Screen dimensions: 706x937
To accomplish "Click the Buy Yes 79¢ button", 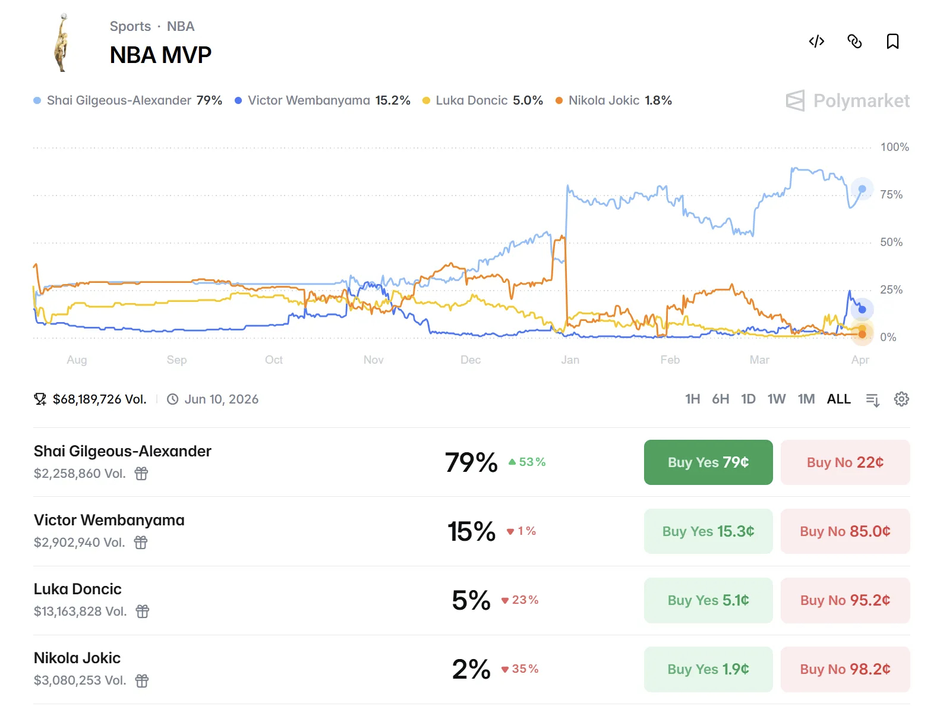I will pyautogui.click(x=708, y=462).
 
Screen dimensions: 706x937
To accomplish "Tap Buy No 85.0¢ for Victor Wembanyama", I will pyautogui.click(x=844, y=531).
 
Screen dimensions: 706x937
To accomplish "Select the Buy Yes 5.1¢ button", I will pyautogui.click(x=708, y=600).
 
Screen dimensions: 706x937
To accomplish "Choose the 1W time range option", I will pyautogui.click(x=776, y=399).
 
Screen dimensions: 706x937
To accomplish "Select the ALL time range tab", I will pyautogui.click(x=838, y=399).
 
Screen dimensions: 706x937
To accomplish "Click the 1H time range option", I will pyautogui.click(x=692, y=399).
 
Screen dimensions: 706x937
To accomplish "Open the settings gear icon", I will pyautogui.click(x=901, y=399).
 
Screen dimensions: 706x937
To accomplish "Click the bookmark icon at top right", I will pyautogui.click(x=892, y=42).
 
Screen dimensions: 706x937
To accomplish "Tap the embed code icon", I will pyautogui.click(x=816, y=42).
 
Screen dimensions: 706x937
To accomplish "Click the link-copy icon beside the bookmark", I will pyautogui.click(x=854, y=42).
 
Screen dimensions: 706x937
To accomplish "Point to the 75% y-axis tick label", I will pyautogui.click(x=891, y=195).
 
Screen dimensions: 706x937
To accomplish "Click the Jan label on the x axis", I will pyautogui.click(x=570, y=360).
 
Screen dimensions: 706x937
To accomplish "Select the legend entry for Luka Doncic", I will pyautogui.click(x=482, y=100).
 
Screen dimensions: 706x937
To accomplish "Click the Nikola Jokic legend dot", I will pyautogui.click(x=559, y=100).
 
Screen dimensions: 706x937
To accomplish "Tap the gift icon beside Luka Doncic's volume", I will pyautogui.click(x=143, y=612).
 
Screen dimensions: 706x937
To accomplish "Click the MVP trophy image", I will pyautogui.click(x=62, y=43).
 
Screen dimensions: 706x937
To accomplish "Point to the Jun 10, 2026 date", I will pyautogui.click(x=221, y=399).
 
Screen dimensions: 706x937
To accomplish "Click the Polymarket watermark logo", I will pyautogui.click(x=847, y=101).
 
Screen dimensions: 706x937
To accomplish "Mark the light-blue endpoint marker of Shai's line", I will pyautogui.click(x=862, y=189).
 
